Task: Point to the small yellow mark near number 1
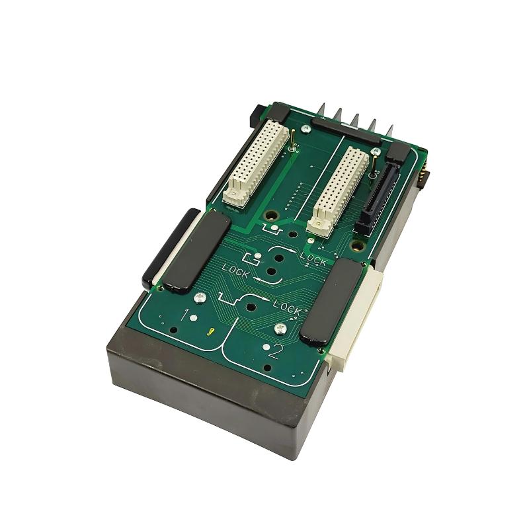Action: [210, 333]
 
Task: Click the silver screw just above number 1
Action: [200, 297]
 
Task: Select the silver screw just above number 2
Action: [280, 327]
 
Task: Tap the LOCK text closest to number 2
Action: [286, 308]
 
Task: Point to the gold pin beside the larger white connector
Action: [292, 138]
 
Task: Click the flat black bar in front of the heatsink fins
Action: [346, 130]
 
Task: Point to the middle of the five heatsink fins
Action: [354, 121]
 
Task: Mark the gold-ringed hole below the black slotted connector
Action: [358, 246]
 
